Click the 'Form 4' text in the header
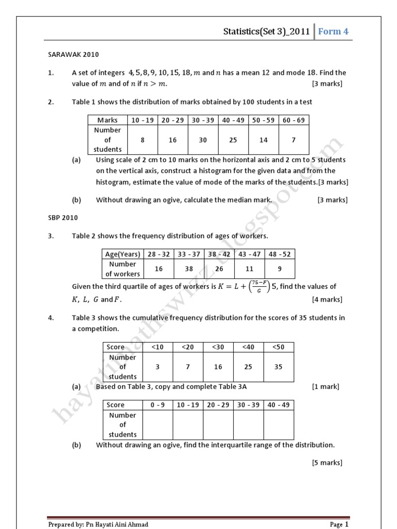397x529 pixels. coord(333,32)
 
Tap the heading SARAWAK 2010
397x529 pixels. coord(73,54)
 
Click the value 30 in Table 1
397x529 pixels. coord(203,139)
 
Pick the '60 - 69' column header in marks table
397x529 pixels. coord(294,120)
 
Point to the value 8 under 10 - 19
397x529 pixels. coord(143,139)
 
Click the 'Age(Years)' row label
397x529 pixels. coord(123,254)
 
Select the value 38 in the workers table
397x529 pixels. coord(189,269)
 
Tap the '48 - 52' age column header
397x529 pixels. coord(280,254)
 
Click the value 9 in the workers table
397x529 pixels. coord(280,269)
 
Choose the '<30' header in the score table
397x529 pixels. coord(218,347)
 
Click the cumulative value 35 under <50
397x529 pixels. coord(279,367)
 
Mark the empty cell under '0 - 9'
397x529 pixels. coord(157,425)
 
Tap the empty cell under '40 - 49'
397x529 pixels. coord(279,425)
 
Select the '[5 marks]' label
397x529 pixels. coord(327,462)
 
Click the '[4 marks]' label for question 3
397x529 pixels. coord(327,299)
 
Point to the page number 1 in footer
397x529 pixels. coord(347,524)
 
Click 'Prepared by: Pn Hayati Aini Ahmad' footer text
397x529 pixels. coord(98,524)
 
